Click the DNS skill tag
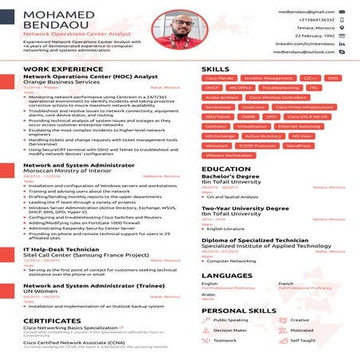[x=333, y=79]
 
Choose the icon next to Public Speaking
[x=208, y=319]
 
